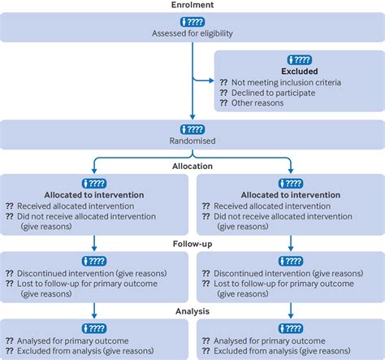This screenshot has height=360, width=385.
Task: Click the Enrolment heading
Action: pos(192,5)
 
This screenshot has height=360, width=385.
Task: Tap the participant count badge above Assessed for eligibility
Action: pos(192,20)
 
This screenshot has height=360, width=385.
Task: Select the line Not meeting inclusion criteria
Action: pos(296,82)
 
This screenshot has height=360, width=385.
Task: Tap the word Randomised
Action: pos(192,141)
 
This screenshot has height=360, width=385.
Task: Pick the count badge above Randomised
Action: pos(192,128)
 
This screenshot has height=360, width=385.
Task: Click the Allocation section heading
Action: pos(192,166)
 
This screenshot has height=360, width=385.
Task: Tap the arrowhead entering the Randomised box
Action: pos(192,117)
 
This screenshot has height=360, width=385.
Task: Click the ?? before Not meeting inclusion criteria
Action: pos(225,82)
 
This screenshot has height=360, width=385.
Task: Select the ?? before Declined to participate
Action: pos(225,93)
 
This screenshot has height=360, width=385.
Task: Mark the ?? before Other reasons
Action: pos(225,104)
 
